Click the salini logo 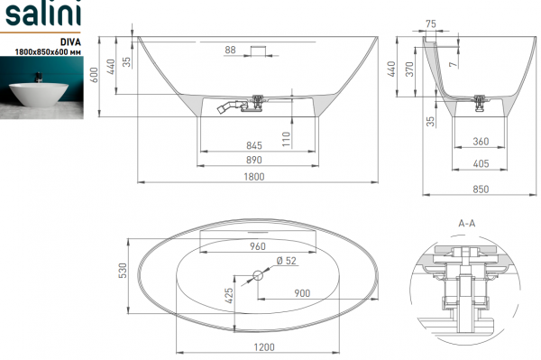(x=43, y=14)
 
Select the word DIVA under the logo (x=70, y=42)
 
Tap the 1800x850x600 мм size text (x=48, y=51)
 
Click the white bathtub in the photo (x=39, y=94)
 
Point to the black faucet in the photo (x=39, y=77)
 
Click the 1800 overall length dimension (x=254, y=176)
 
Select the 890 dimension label (x=254, y=160)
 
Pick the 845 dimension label (x=254, y=145)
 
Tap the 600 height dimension (x=94, y=75)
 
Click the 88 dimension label (x=230, y=50)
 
